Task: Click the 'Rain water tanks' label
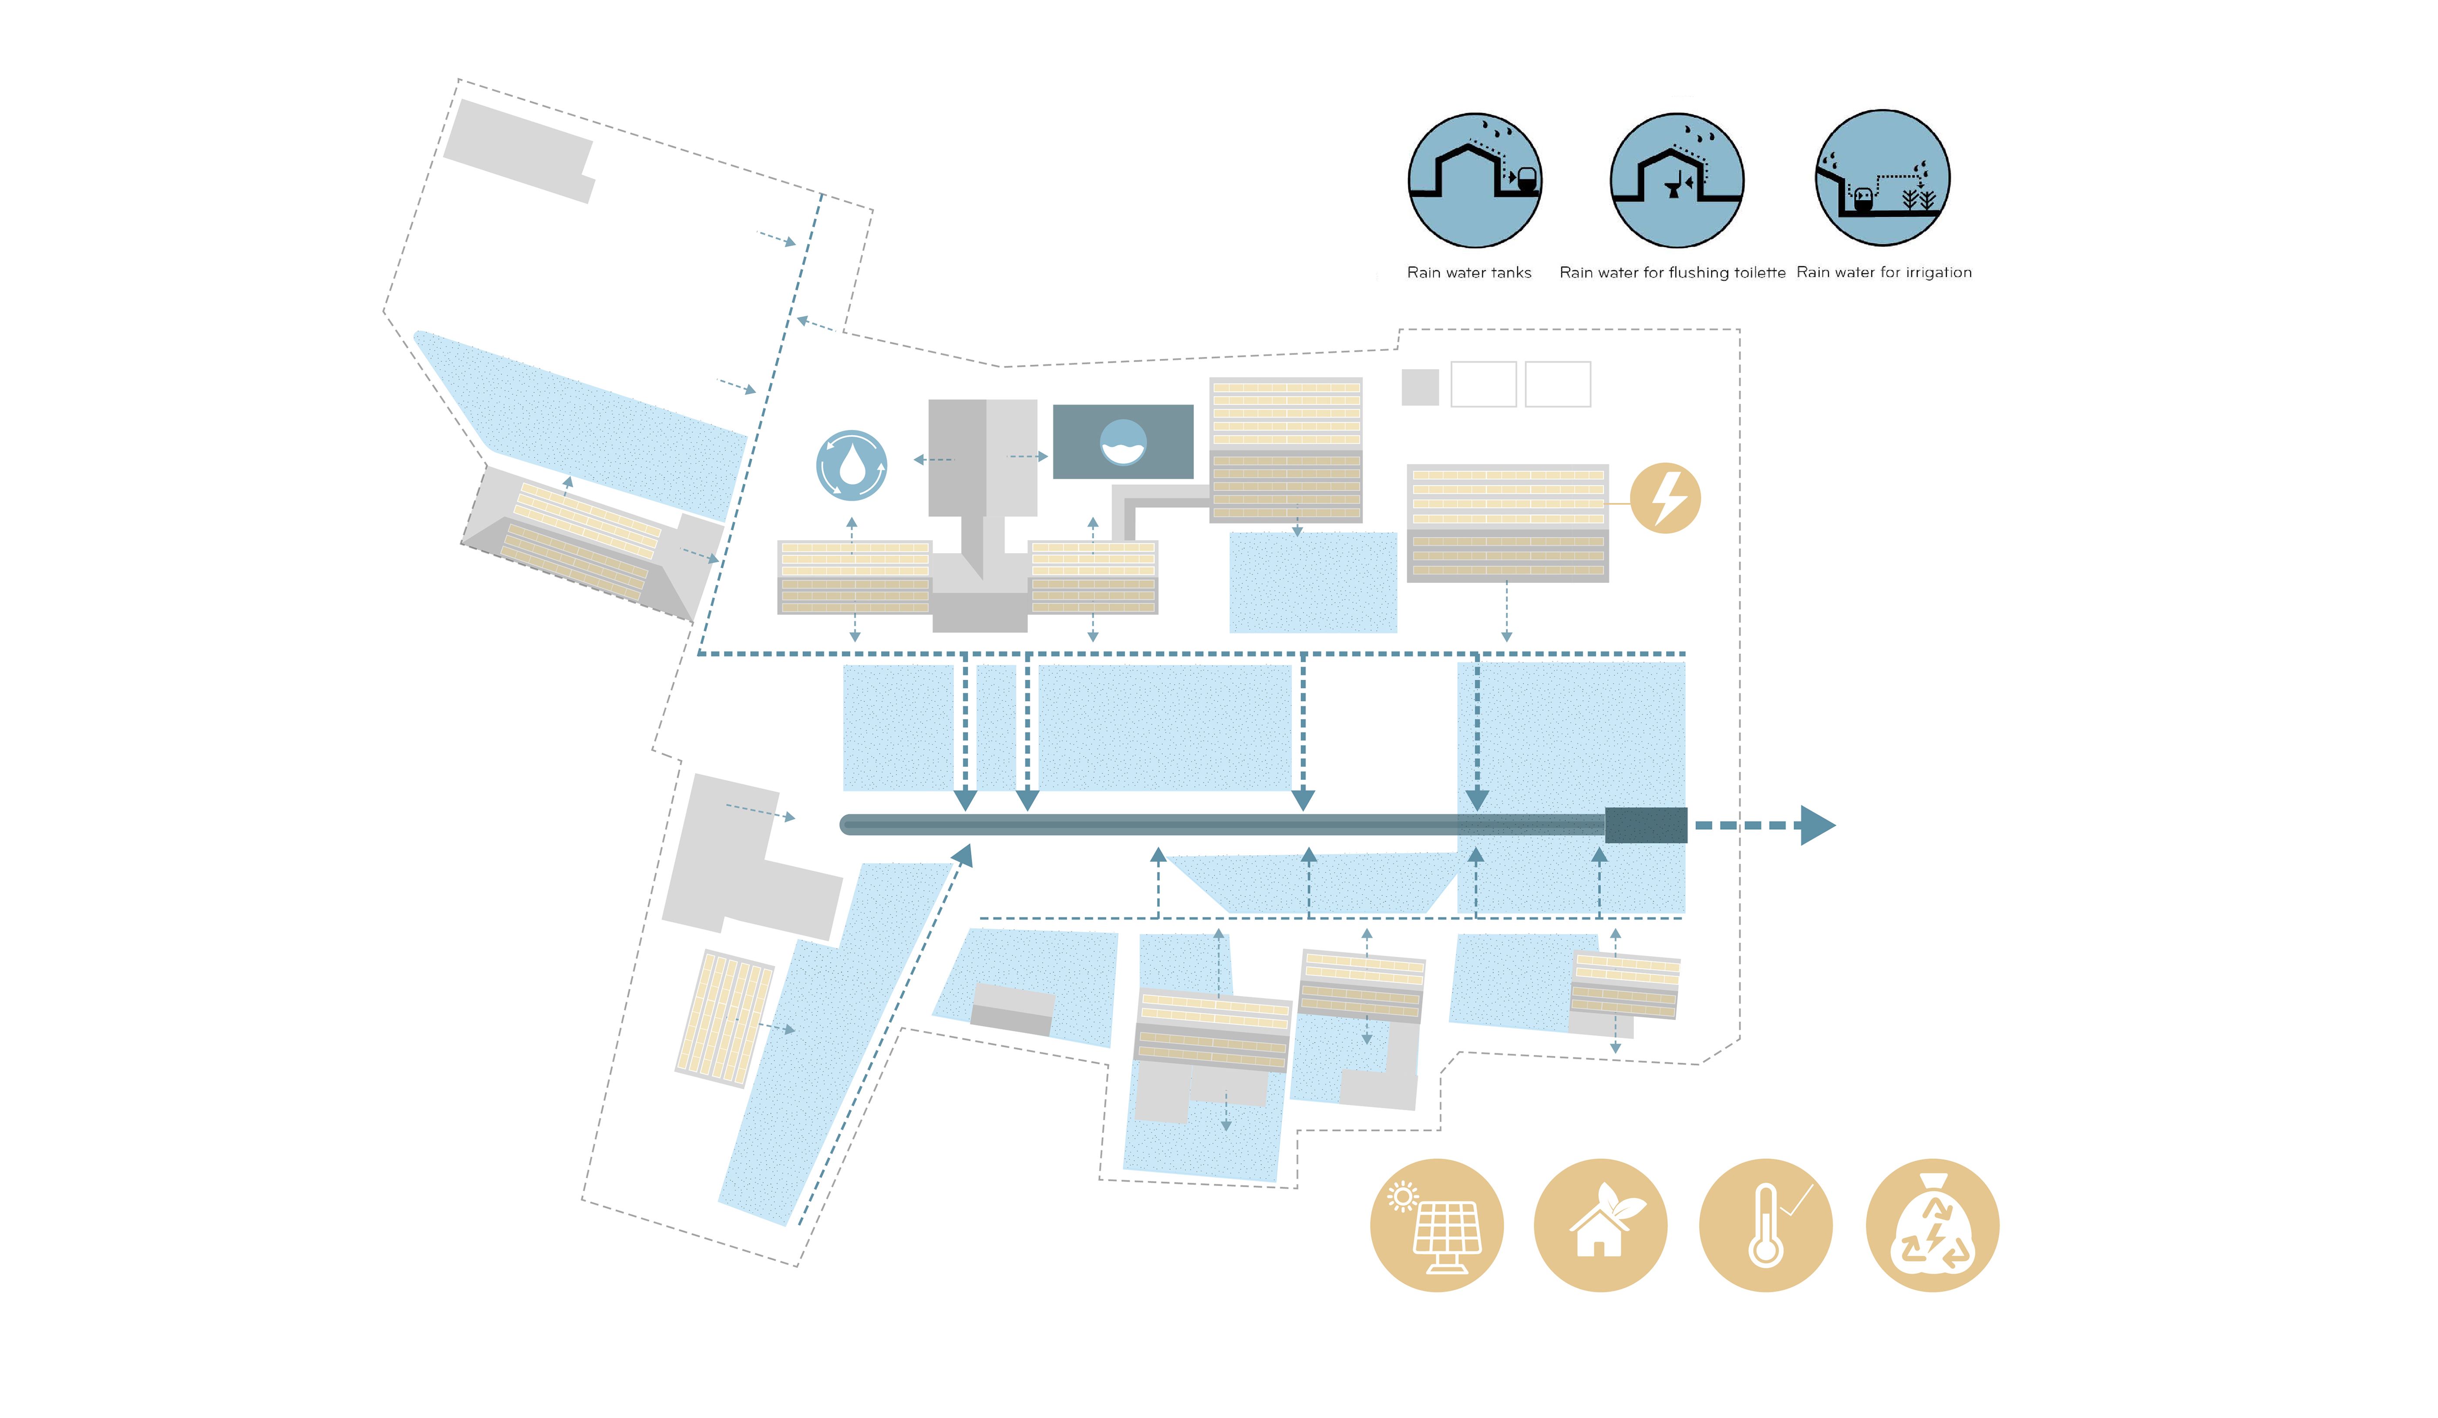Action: click(1468, 273)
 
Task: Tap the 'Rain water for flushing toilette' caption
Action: click(1672, 273)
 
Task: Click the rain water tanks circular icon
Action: click(1475, 180)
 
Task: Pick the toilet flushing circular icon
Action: click(1677, 180)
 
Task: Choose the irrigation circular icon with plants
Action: click(1882, 178)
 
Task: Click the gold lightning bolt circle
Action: click(1664, 498)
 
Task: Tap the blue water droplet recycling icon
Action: click(852, 465)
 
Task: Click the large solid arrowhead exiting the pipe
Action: click(1816, 825)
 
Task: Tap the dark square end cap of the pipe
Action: click(1646, 825)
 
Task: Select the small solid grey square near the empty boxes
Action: click(1419, 387)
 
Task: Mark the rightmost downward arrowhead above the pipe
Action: click(1476, 799)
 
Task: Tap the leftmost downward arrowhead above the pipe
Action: click(965, 799)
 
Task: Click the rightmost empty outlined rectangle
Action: click(1558, 384)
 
